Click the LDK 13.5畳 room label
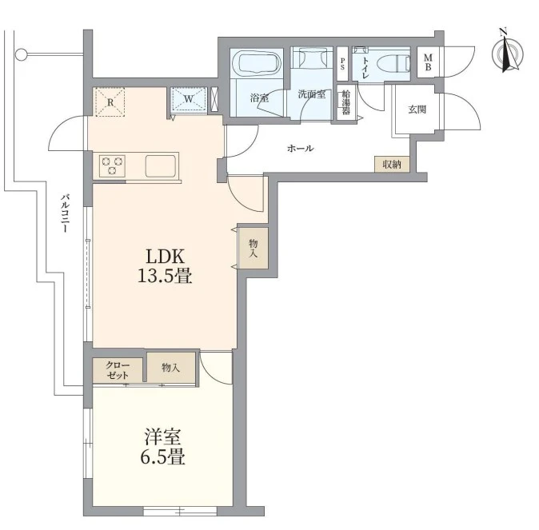(165, 265)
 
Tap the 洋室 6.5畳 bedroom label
(162, 446)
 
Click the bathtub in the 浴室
(257, 64)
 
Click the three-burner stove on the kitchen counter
(112, 165)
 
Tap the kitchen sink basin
(161, 166)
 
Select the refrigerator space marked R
(110, 102)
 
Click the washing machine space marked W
(189, 99)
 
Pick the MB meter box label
(428, 62)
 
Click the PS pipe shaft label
(342, 64)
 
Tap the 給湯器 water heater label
(346, 102)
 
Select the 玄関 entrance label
(417, 110)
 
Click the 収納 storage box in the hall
(392, 165)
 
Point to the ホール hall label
(300, 149)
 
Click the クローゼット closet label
(118, 369)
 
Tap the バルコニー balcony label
(65, 213)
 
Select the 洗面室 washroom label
(311, 94)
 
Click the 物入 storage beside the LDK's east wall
(254, 248)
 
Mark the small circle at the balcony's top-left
(21, 54)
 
